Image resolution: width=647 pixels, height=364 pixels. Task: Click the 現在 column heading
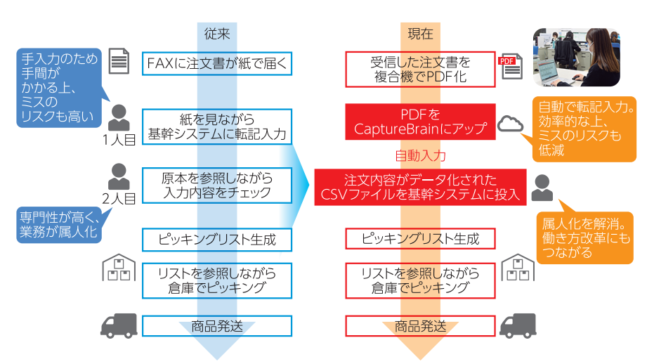coord(421,33)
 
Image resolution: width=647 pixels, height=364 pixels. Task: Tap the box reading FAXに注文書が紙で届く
coord(217,64)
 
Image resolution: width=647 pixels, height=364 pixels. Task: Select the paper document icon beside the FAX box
coord(119,62)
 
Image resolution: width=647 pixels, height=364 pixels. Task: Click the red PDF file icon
coord(507,63)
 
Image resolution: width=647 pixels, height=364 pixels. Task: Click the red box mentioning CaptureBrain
coord(421,121)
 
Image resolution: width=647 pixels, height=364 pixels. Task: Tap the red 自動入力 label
coord(421,155)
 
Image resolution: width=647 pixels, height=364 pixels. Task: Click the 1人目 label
coord(119,139)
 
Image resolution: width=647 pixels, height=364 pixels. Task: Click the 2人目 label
coord(119,198)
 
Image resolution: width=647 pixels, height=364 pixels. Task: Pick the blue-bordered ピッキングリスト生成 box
coord(217,239)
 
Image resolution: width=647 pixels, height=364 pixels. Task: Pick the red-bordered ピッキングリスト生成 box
coord(421,239)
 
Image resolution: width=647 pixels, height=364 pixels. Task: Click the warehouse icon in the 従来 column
coord(119,268)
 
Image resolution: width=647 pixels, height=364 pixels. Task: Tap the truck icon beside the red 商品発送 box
coord(518,325)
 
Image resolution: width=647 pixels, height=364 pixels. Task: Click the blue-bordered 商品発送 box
coord(217,326)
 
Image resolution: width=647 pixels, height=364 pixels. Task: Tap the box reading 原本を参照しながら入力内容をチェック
coord(217,185)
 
